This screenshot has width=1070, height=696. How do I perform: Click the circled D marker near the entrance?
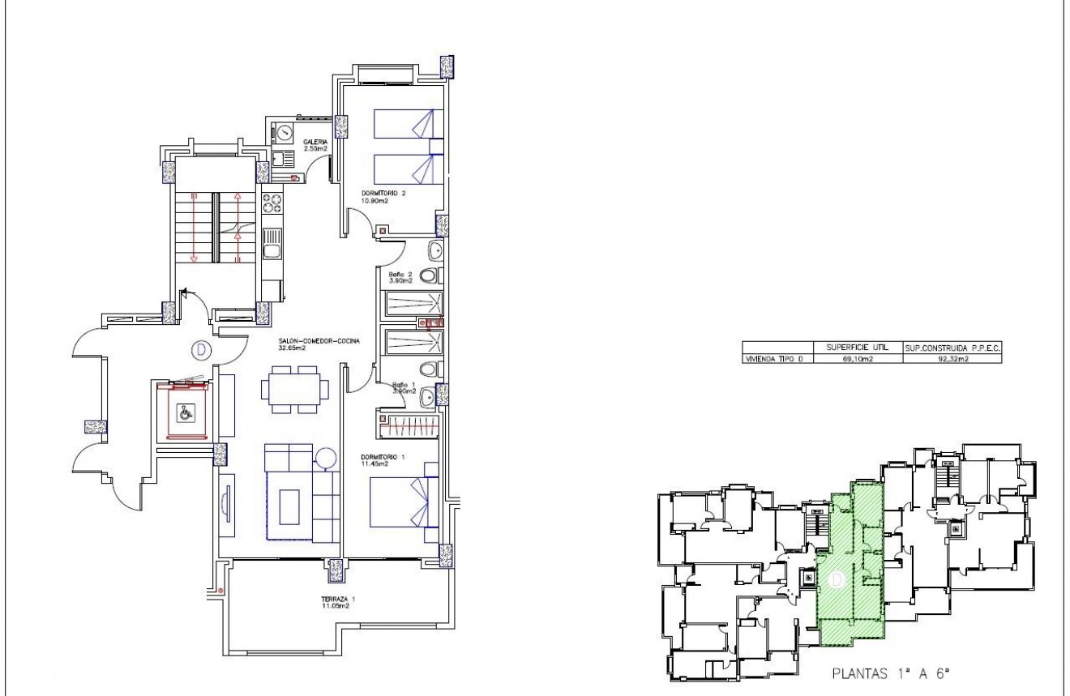point(199,350)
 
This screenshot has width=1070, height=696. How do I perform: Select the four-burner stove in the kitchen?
point(272,203)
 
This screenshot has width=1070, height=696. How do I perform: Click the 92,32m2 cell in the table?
point(951,357)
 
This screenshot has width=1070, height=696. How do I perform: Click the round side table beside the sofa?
point(327,458)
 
